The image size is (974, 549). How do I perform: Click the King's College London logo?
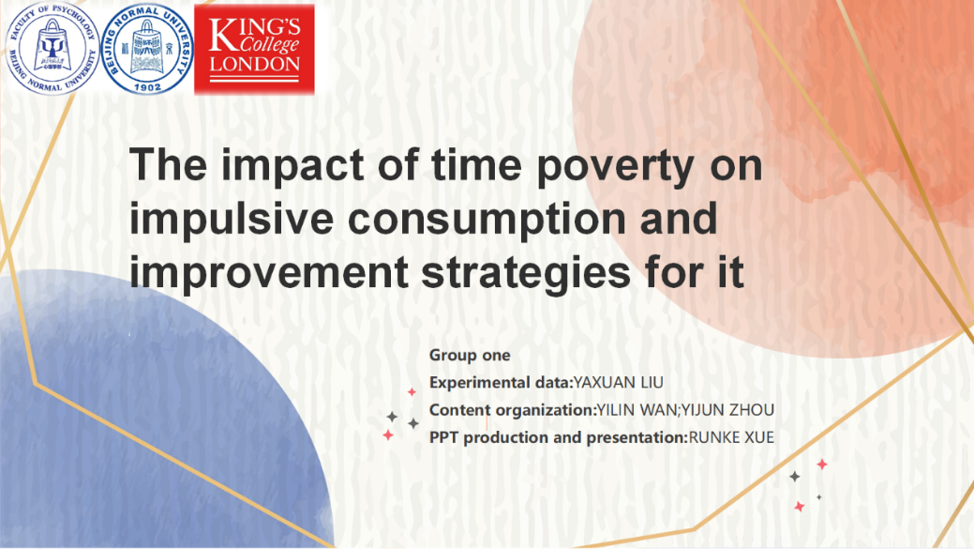(x=254, y=50)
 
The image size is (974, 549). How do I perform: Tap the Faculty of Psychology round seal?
(x=52, y=49)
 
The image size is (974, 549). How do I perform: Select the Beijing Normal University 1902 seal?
(x=147, y=49)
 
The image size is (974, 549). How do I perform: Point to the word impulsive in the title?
(x=231, y=219)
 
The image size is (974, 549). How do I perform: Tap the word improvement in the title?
(x=269, y=273)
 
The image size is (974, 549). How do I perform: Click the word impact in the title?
(x=292, y=165)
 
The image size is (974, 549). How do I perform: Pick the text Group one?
(x=470, y=355)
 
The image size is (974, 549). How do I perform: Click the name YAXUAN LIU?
(x=618, y=382)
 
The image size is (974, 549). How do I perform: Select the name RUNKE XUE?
(x=731, y=437)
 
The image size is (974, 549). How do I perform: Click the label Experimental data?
(x=500, y=382)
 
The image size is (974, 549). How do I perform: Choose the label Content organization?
(x=511, y=410)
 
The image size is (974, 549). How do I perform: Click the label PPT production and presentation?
(x=557, y=437)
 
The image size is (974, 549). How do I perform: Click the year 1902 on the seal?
(x=147, y=87)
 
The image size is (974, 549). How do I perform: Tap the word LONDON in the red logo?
(x=255, y=64)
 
